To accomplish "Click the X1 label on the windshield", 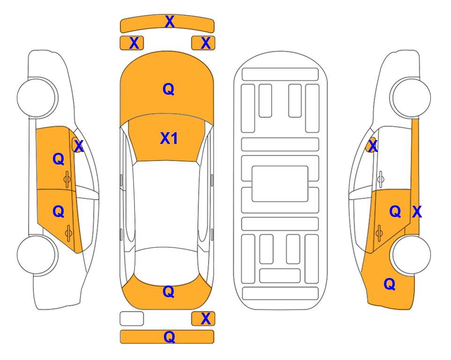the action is coord(169,138).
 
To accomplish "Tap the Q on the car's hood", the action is coord(169,89).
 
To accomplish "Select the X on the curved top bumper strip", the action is coord(170,22).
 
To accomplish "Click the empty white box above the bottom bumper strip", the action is coord(132,319).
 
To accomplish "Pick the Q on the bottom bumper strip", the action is coord(169,337).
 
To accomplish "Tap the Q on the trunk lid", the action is coord(169,292).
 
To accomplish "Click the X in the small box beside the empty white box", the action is coord(206,319).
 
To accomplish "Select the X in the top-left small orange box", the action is coord(134,43).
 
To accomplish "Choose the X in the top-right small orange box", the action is coord(206,43).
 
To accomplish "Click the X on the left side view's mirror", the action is coord(79,146).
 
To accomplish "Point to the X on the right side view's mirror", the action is coord(373,146).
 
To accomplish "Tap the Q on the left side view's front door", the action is coord(59,159).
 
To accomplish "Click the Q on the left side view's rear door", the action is coord(59,212).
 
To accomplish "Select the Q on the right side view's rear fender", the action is coord(390,284).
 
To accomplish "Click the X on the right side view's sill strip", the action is coord(417,212).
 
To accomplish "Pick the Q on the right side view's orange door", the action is coord(395,212).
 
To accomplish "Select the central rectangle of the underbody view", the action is coord(280,184).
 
